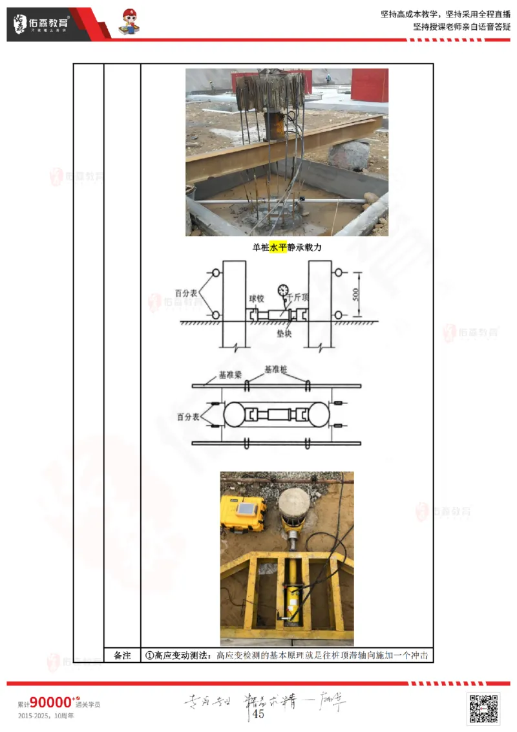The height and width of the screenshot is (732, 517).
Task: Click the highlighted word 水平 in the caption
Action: point(278,247)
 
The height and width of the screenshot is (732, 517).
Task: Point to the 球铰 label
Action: point(257,299)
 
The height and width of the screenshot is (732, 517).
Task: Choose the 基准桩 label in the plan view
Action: point(276,371)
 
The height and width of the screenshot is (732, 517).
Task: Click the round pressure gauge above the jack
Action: point(282,289)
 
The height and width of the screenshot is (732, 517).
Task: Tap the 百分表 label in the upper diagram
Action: point(185,293)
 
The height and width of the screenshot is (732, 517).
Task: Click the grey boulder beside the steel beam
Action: point(348,156)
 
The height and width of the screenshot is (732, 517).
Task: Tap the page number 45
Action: point(258,714)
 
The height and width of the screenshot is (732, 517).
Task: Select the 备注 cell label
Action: point(122,656)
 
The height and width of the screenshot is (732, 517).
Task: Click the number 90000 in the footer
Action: point(50,703)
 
